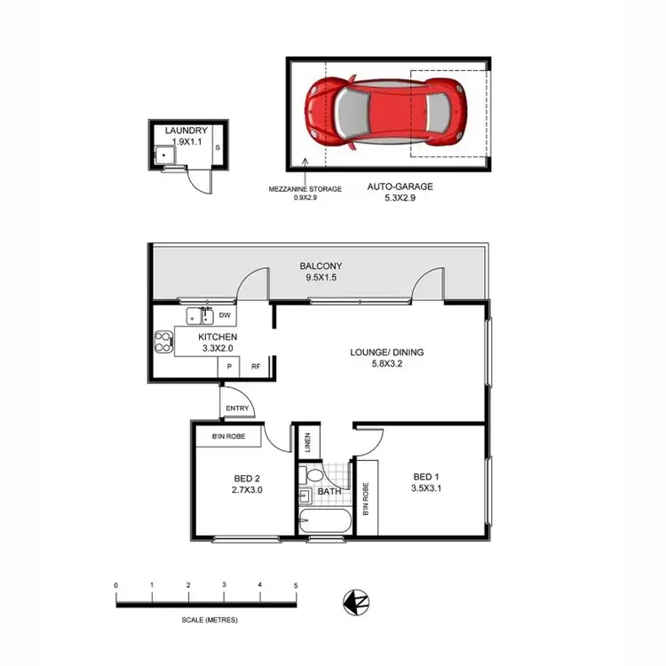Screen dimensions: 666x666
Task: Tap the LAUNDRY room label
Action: pos(186,131)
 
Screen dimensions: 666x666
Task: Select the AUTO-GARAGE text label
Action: pos(400,187)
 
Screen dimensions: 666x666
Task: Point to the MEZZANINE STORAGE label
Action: pos(305,188)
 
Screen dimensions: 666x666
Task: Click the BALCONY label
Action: pos(321,266)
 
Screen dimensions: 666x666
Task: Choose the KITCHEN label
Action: pos(217,338)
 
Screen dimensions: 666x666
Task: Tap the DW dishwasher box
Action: pos(225,314)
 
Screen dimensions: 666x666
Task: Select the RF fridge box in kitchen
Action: pos(255,365)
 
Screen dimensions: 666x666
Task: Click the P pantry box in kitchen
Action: pos(229,365)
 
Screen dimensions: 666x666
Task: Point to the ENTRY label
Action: pos(238,408)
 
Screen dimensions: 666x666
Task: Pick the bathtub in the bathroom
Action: pos(324,521)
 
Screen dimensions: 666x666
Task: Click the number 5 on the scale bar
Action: pos(296,586)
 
